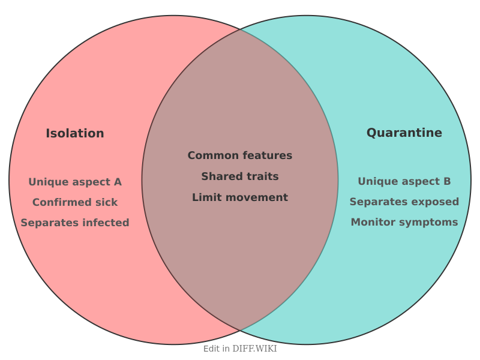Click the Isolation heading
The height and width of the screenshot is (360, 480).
pos(75,134)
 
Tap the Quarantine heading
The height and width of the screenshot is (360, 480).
pos(404,133)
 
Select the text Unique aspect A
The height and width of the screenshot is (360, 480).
pos(75,182)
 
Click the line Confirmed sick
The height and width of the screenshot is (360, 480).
pos(75,202)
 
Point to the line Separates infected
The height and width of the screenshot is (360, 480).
pos(75,223)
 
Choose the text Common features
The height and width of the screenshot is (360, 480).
pos(240,155)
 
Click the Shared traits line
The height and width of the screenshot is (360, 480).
pos(240,176)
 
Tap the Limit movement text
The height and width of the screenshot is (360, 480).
pos(240,197)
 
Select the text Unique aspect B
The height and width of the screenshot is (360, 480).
pos(404,181)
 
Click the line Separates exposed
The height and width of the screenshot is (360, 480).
pos(404,202)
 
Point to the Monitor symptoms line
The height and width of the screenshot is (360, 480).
pos(404,222)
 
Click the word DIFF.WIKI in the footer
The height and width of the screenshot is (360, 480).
pos(254,349)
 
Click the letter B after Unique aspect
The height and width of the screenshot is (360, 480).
pos(446,181)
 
